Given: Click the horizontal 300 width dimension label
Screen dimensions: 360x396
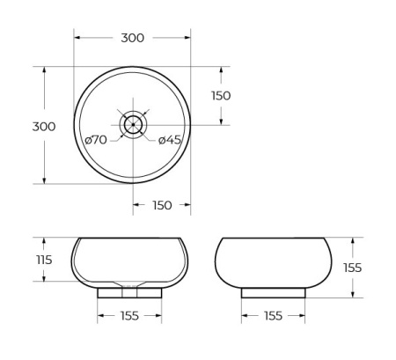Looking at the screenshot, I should click(132, 38).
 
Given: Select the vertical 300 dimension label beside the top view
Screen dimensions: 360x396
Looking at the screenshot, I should click(44, 127).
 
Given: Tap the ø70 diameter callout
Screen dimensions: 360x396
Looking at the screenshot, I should click(96, 140).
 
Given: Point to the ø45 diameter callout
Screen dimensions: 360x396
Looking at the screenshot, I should click(170, 140).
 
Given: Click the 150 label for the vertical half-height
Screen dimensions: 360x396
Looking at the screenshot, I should click(220, 96).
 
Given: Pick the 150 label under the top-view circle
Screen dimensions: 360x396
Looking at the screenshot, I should click(162, 205).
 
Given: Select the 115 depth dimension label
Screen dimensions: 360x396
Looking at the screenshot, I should click(44, 260).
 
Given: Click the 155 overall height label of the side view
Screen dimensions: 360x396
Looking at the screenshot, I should click(351, 268).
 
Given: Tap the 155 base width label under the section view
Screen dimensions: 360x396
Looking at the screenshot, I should click(129, 316).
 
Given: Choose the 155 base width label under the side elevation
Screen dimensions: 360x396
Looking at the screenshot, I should click(273, 316).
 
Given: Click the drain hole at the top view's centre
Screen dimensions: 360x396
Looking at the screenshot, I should click(132, 125).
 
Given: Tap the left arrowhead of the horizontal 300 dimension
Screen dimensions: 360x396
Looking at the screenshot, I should click(77, 38).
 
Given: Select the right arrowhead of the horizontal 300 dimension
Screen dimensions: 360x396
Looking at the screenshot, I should click(187, 38).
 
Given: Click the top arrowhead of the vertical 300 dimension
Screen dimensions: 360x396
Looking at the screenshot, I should click(44, 70).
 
